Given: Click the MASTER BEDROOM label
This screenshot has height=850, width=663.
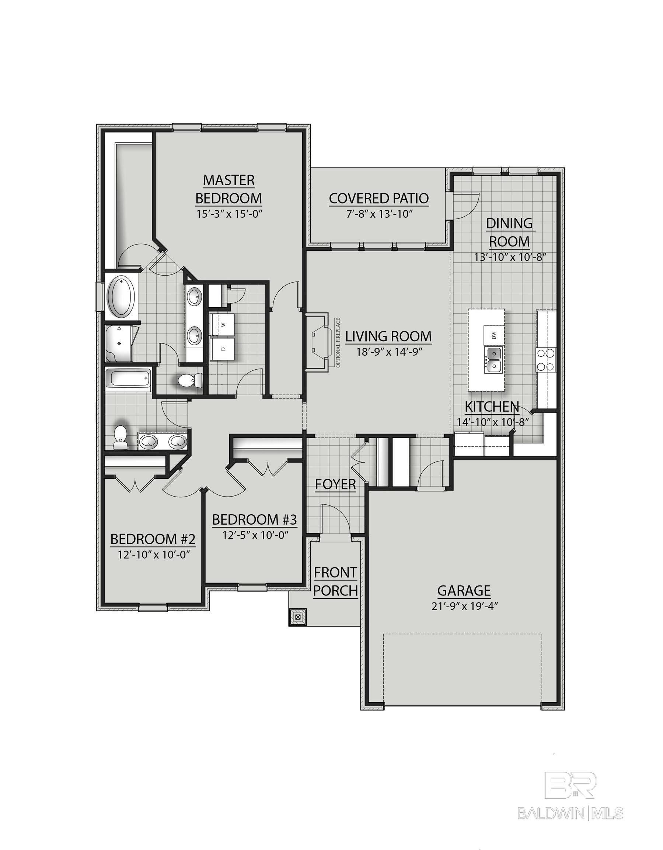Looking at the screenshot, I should click(x=228, y=189).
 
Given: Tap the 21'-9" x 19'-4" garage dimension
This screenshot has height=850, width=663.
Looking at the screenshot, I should click(x=464, y=607).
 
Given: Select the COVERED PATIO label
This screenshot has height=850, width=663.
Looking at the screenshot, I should click(x=378, y=198).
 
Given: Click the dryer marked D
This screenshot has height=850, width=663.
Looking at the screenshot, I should click(x=223, y=349).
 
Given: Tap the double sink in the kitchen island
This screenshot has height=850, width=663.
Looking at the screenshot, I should click(x=493, y=359).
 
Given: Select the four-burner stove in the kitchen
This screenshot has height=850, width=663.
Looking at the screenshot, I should click(x=546, y=360).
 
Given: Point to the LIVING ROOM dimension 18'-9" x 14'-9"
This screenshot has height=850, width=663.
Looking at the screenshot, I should click(x=389, y=352).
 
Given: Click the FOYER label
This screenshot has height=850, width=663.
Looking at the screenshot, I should click(x=335, y=484).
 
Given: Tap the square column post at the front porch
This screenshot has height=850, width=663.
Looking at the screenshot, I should click(x=298, y=617).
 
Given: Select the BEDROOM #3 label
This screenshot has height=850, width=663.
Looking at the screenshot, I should click(x=254, y=519).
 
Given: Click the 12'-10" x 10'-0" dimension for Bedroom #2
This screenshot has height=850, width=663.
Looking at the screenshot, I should click(x=153, y=554).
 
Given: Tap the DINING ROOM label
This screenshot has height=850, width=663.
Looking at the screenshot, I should click(x=509, y=232).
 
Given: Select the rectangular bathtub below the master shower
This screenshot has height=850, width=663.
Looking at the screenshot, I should click(x=128, y=380).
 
